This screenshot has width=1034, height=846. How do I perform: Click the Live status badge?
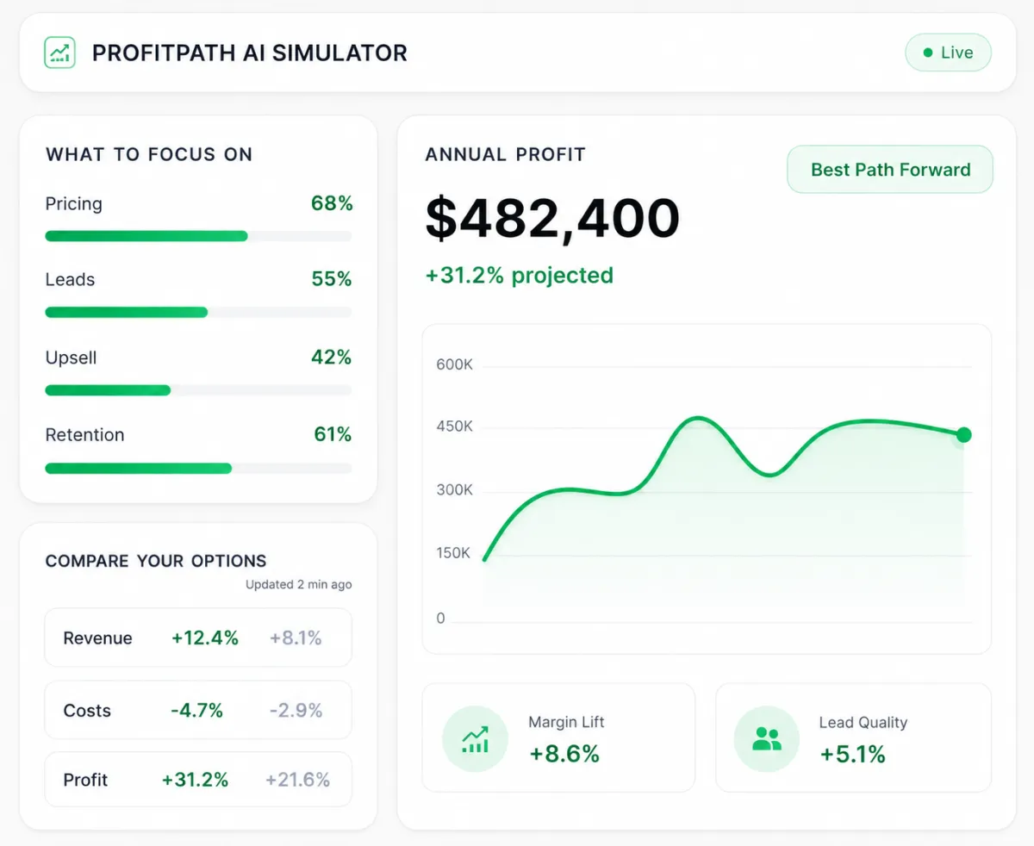pyautogui.click(x=948, y=53)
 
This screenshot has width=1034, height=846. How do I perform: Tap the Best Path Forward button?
pyautogui.click(x=890, y=170)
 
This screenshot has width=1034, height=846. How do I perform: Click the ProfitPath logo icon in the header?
pyautogui.click(x=59, y=53)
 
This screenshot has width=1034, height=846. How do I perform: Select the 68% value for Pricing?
pyautogui.click(x=332, y=203)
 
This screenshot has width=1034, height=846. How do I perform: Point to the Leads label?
pyautogui.click(x=70, y=279)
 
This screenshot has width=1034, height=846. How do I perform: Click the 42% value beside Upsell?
pyautogui.click(x=332, y=357)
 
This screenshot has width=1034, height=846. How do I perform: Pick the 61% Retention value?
pyautogui.click(x=333, y=434)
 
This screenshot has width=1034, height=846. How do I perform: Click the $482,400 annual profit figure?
pyautogui.click(x=552, y=218)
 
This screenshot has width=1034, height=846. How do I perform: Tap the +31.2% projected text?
pyautogui.click(x=520, y=276)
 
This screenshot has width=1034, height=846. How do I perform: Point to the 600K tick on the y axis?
pyautogui.click(x=454, y=364)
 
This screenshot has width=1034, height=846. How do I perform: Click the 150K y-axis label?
pyautogui.click(x=453, y=553)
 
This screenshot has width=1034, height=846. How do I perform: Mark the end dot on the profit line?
pyautogui.click(x=964, y=435)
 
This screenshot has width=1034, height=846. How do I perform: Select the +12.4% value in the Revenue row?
pyautogui.click(x=205, y=638)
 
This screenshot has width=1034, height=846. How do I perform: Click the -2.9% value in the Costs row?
pyautogui.click(x=296, y=710)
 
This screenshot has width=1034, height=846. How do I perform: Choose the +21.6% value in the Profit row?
pyautogui.click(x=297, y=780)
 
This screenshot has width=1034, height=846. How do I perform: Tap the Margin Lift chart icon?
pyautogui.click(x=475, y=738)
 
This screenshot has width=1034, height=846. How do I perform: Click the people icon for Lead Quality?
pyautogui.click(x=767, y=738)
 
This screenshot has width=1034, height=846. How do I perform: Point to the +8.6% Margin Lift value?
pyautogui.click(x=564, y=754)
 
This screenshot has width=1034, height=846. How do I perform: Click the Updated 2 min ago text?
pyautogui.click(x=299, y=584)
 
